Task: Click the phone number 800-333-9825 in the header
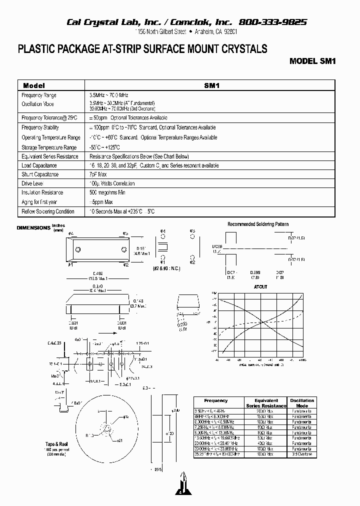(273, 22)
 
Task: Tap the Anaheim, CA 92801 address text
(213, 32)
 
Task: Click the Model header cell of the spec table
(34, 85)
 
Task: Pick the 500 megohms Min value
(107, 192)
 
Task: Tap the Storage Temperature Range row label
(49, 147)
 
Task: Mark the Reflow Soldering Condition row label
(48, 211)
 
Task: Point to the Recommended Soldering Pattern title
(258, 224)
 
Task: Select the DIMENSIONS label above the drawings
(33, 228)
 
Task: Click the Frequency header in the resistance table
(216, 400)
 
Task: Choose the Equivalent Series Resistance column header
(266, 403)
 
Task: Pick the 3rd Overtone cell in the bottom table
(302, 454)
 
